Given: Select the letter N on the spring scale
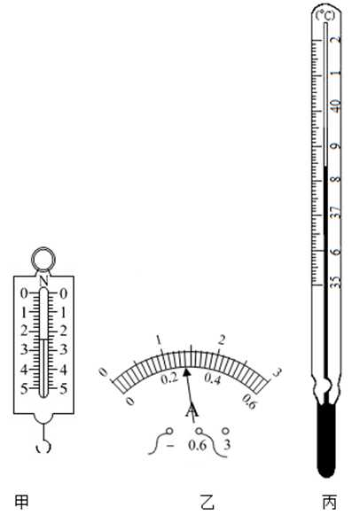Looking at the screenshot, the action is point(43,281).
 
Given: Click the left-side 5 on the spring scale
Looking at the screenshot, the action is point(24,388).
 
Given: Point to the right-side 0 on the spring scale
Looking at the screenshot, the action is point(63,293).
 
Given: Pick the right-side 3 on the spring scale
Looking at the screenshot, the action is point(63,350).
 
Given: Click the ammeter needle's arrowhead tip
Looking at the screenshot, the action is point(186,369).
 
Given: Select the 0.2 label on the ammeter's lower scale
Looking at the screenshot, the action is point(169,378).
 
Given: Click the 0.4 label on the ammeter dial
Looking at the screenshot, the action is point(213,378).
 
